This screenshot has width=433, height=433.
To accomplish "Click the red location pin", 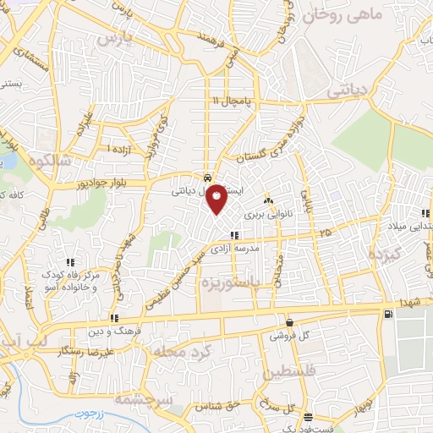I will [x=217, y=199].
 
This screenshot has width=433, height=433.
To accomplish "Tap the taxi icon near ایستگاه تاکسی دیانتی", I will [x=207, y=178].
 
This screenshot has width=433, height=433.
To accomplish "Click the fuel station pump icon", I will [x=388, y=314].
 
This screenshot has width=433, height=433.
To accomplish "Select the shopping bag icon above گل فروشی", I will [x=290, y=322].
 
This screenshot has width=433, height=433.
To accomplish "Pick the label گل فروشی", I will [x=289, y=335].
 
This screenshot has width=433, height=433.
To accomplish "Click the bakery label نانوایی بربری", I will [x=268, y=215].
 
